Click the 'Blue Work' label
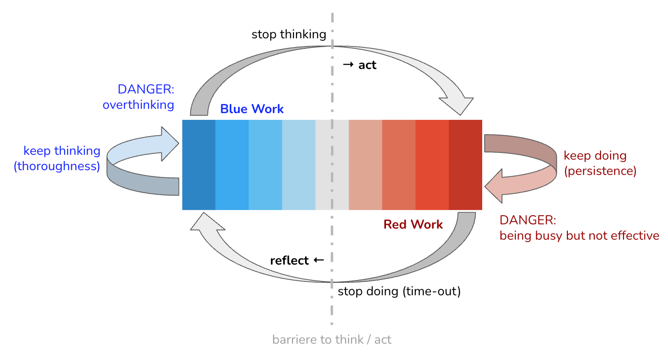click(252, 109)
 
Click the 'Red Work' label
click(413, 224)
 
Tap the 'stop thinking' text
click(289, 35)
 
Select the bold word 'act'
click(367, 65)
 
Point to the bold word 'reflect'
click(289, 261)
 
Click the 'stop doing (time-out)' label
click(399, 291)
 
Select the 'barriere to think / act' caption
click(332, 340)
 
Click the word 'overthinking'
click(138, 105)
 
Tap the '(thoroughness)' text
click(57, 166)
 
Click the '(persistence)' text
click(600, 171)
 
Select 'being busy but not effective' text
click(579, 236)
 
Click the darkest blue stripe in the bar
click(199, 165)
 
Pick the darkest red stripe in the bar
click(465, 165)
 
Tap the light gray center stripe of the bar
click(332, 165)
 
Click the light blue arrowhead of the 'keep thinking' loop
click(170, 144)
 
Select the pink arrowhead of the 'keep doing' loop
click(494, 186)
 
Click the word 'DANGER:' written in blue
click(146, 90)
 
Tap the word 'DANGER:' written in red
click(528, 221)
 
